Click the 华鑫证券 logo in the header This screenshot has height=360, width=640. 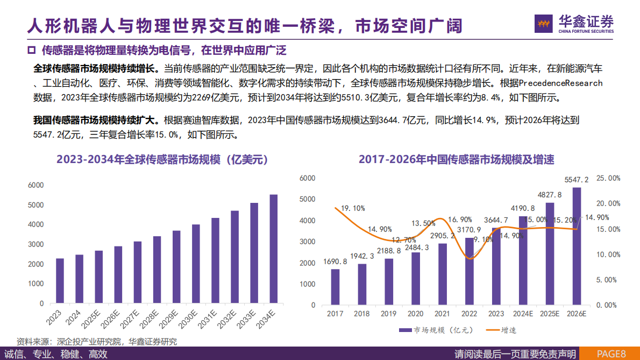tap(574, 23)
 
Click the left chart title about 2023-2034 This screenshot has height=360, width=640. tap(161, 160)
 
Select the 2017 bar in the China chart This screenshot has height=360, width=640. tap(335, 286)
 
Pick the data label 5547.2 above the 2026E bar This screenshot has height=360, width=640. tap(577, 180)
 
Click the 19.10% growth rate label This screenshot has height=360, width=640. tap(353, 208)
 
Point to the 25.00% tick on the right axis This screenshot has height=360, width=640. tap(609, 178)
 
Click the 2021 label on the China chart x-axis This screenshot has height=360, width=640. tap(442, 313)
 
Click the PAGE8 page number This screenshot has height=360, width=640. tap(611, 354)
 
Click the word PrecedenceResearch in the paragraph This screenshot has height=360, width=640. tap(561, 83)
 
